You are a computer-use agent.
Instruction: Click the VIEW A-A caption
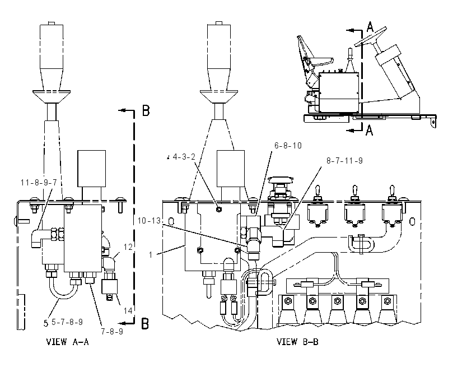click(67, 342)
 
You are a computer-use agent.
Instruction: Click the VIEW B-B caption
click(297, 342)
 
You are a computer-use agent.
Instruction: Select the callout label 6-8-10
click(288, 146)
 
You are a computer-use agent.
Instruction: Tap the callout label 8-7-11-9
click(344, 161)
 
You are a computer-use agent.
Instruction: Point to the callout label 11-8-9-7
click(39, 183)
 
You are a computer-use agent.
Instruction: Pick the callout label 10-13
click(149, 221)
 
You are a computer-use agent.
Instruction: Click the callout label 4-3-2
click(184, 157)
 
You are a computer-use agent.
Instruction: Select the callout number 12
click(128, 247)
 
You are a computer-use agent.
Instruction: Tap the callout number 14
click(128, 310)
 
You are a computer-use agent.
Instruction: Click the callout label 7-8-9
click(112, 332)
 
